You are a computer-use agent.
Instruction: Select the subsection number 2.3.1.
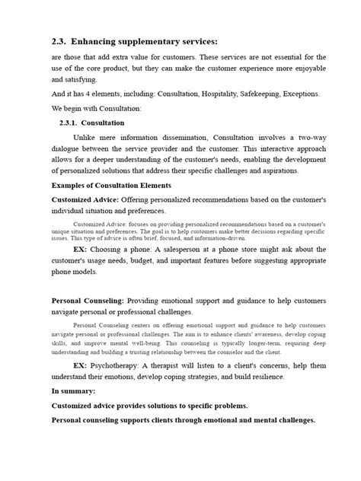click(72, 123)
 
